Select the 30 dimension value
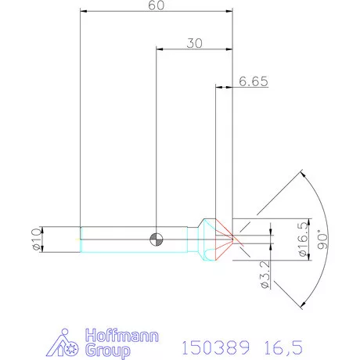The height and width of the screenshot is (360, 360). coord(194,44)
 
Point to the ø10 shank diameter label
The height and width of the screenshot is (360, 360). coord(34,239)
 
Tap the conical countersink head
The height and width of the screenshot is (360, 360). coord(207,239)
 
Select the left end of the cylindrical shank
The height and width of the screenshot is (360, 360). coord(81,239)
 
